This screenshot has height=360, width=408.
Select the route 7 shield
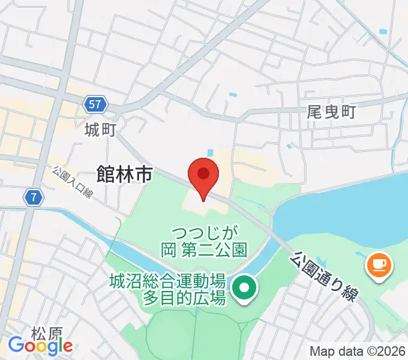click(34, 196)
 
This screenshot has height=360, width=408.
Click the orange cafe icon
click(379, 263)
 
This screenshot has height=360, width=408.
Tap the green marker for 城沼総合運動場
click(244, 289)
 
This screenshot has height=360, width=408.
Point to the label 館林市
click(124, 175)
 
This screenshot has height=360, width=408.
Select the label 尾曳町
click(331, 112)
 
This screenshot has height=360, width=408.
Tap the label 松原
click(47, 332)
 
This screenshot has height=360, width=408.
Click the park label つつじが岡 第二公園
click(204, 240)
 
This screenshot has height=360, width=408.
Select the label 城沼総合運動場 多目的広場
click(167, 289)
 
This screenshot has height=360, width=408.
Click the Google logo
click(40, 345)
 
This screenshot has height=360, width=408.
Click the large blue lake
click(348, 210)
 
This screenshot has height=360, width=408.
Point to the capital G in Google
click(16, 345)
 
